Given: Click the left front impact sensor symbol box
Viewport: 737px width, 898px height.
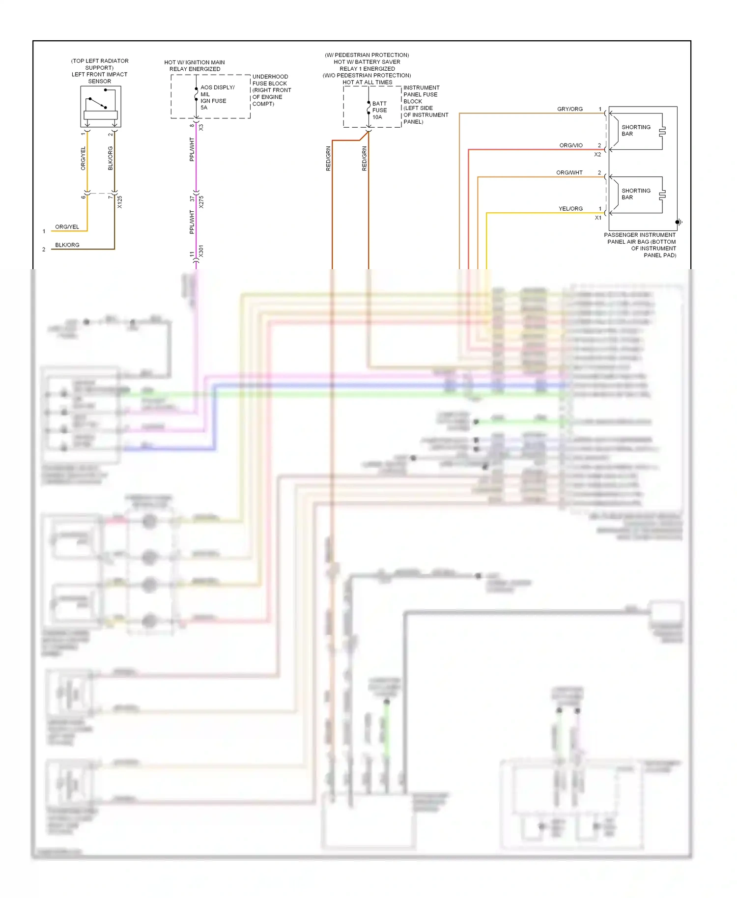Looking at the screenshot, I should tap(101, 107).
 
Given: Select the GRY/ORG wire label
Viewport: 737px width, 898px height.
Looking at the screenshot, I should tap(570, 109).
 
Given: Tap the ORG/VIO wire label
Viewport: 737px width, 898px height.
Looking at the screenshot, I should tap(571, 145).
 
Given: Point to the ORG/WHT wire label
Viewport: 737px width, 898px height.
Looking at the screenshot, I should tap(569, 172).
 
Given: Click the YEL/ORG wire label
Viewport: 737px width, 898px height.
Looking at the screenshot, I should tap(570, 209).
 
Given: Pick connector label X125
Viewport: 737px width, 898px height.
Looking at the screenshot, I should tap(120, 202).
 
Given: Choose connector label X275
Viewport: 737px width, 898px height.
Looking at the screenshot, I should tap(201, 202).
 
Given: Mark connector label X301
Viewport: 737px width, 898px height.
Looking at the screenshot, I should tap(201, 251).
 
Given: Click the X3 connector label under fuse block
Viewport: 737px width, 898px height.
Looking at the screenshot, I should tap(201, 127).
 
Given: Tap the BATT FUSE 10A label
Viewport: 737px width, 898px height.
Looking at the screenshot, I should tap(379, 111).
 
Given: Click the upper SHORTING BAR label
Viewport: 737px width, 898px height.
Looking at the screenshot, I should tap(636, 131).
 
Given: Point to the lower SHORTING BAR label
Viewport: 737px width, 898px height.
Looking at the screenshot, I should tap(636, 194).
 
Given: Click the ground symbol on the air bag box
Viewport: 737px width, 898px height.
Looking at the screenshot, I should tap(679, 222).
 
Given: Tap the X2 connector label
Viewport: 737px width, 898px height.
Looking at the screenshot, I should tap(597, 154).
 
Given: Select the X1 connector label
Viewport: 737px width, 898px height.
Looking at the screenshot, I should tap(598, 218).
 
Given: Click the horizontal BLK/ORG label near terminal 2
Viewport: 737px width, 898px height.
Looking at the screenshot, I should tap(67, 245).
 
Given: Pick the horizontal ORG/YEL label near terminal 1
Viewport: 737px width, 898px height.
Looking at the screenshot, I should tap(67, 227).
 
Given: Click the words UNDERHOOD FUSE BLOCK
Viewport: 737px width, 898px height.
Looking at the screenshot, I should tap(270, 80).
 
